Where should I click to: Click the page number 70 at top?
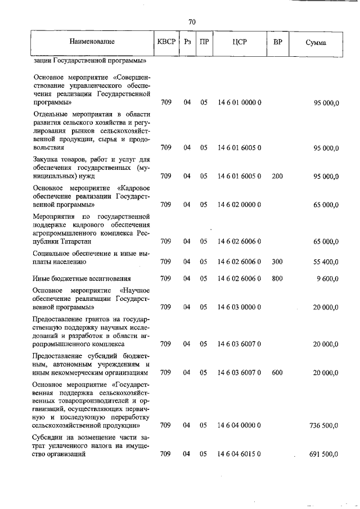point(191,22)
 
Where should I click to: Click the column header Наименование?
point(92,42)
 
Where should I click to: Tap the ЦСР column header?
point(239,42)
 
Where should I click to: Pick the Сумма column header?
point(316,42)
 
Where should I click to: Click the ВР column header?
point(277,42)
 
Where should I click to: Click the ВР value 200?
point(277,176)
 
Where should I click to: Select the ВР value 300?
point(277,262)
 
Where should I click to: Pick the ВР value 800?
point(277,278)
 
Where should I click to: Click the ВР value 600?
point(277,372)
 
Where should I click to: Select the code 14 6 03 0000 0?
point(239,307)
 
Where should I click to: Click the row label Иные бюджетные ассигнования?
point(82,278)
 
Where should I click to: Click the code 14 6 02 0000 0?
point(239,205)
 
